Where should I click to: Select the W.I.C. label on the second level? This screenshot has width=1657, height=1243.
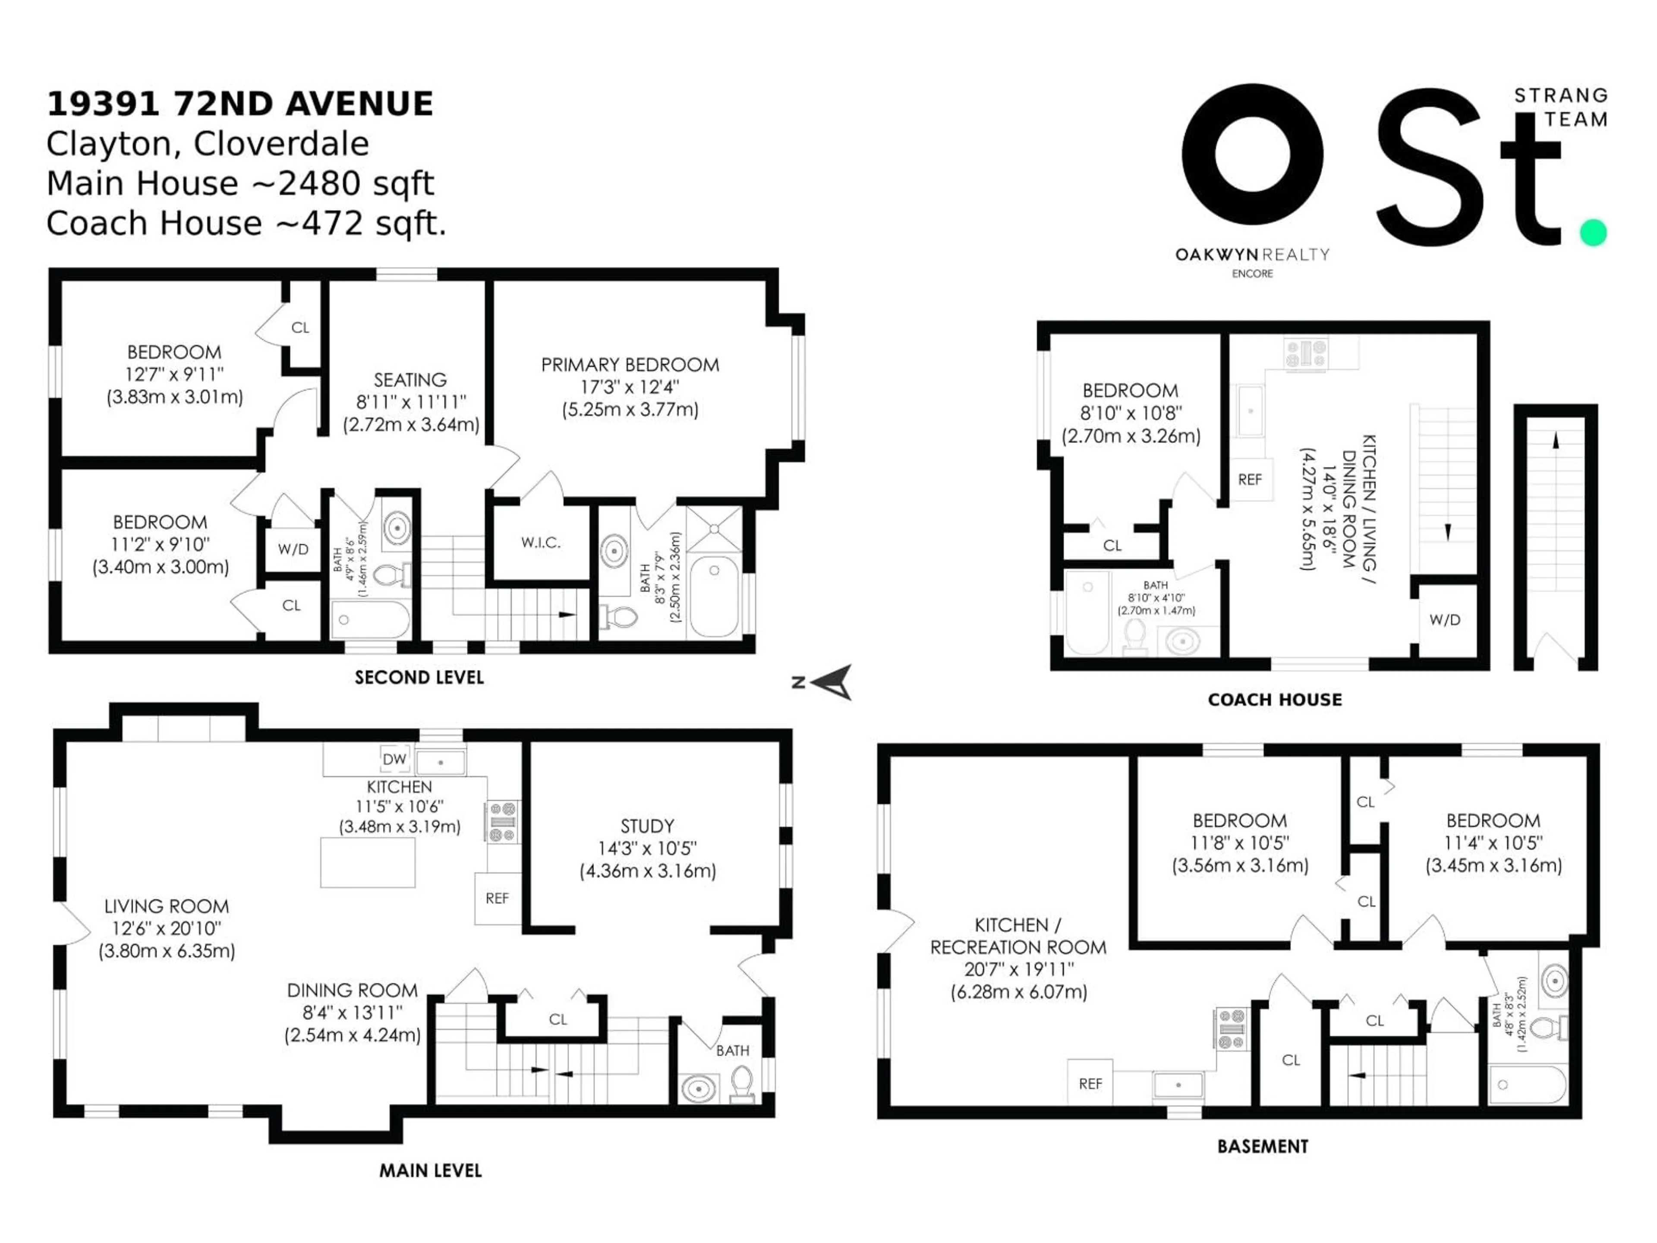541,543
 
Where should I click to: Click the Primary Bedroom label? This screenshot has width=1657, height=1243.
630,365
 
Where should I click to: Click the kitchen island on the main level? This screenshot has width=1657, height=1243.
367,862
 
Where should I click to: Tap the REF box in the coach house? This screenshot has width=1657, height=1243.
1250,480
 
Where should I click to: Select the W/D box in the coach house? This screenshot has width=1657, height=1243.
1444,620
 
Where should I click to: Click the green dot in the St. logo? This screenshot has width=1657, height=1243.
1593,232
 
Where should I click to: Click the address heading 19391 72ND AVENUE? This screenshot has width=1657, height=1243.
240,104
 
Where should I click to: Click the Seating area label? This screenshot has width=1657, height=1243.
410,380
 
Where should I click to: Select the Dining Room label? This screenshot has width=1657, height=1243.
352,991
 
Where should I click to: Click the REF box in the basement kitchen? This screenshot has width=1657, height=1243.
1090,1083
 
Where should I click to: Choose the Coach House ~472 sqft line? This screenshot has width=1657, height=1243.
246,223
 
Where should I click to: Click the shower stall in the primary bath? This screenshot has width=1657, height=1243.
715,529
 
